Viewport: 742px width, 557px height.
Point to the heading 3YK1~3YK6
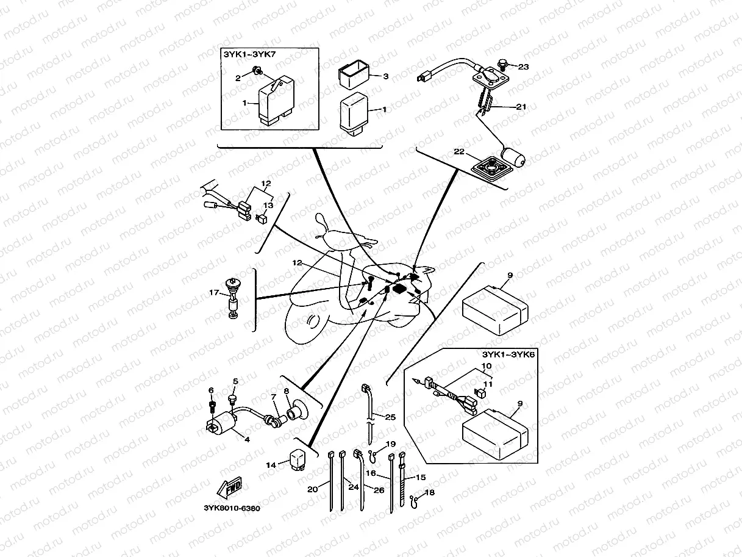(x=508, y=354)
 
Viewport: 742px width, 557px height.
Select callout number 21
(x=520, y=106)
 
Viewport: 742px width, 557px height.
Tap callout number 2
(x=238, y=78)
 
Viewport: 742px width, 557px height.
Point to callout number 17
(x=214, y=293)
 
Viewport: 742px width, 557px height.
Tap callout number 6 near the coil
(x=212, y=390)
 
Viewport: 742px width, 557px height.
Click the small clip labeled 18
(x=415, y=500)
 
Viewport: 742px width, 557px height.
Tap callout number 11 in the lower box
(x=487, y=384)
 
